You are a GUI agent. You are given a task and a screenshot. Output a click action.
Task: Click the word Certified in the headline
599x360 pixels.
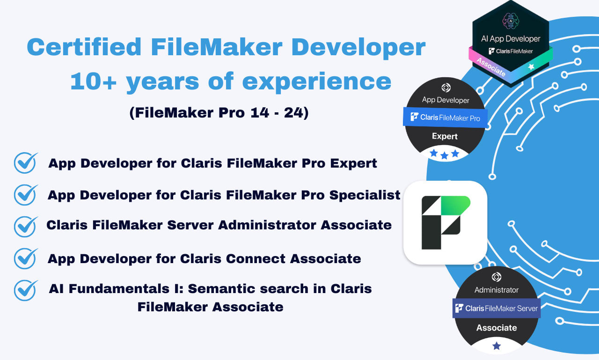pyautogui.click(x=84, y=47)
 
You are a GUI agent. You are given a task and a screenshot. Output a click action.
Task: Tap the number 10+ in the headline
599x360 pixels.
pyautogui.click(x=93, y=81)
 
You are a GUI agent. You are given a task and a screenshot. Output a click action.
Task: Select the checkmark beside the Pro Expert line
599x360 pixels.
pyautogui.click(x=26, y=162)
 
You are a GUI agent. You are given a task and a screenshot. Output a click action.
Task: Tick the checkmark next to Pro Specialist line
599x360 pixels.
pyautogui.click(x=26, y=195)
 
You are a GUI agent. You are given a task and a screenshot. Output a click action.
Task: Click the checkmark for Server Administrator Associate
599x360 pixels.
pyautogui.click(x=26, y=227)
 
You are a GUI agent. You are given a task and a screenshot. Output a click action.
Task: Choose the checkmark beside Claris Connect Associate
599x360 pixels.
pyautogui.click(x=26, y=258)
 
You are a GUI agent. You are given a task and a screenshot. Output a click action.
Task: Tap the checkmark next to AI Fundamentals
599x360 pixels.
pyautogui.click(x=26, y=290)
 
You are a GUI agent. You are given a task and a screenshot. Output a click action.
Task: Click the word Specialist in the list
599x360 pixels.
pyautogui.click(x=365, y=195)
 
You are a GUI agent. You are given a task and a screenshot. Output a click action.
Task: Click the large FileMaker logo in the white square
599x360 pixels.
pyautogui.click(x=445, y=222)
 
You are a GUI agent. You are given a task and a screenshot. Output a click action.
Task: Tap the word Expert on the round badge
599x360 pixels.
pyautogui.click(x=445, y=136)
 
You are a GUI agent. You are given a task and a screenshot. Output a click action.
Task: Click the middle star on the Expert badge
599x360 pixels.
pyautogui.click(x=445, y=155)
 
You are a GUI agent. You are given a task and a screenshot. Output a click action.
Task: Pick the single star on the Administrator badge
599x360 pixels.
pyautogui.click(x=497, y=346)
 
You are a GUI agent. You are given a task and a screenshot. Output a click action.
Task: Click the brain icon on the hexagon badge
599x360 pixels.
pyautogui.click(x=511, y=21)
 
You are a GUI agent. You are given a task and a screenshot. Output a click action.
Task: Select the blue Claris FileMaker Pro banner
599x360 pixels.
pyautogui.click(x=445, y=118)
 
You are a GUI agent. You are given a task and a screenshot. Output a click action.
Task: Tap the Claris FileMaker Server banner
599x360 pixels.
pyautogui.click(x=497, y=308)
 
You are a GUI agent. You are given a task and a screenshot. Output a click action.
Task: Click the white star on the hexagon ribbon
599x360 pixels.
pyautogui.click(x=531, y=66)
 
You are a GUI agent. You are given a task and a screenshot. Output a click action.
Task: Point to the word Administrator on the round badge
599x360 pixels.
pyautogui.click(x=497, y=290)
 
